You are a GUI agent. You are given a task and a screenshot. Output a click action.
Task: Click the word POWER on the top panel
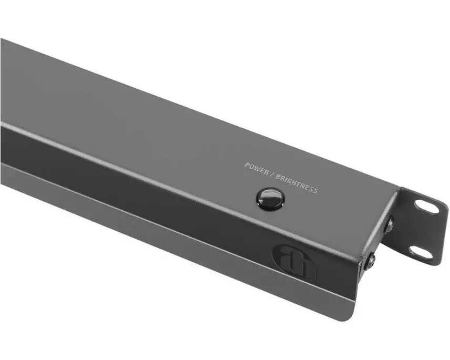(x=257, y=169)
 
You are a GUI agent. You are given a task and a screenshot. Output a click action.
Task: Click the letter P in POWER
(x=247, y=165)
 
